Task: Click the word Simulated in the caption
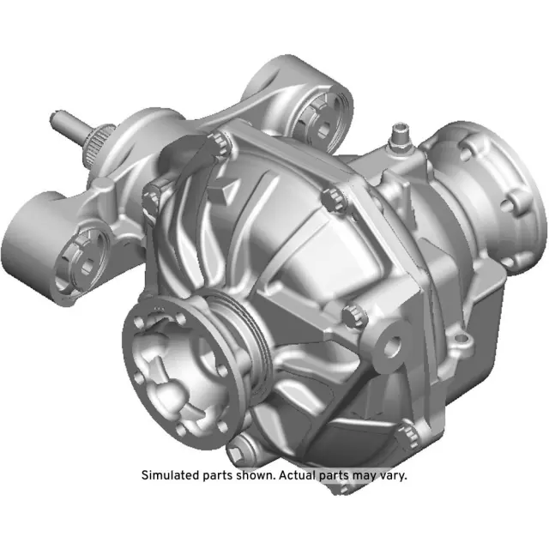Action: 171,474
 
